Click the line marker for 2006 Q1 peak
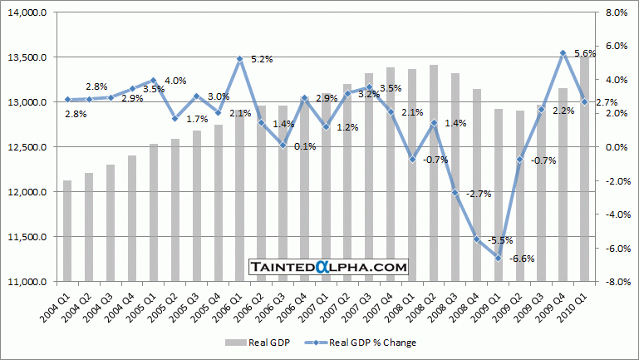point(239,59)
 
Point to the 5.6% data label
point(585,53)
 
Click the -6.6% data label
point(521,259)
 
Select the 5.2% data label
point(262,60)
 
